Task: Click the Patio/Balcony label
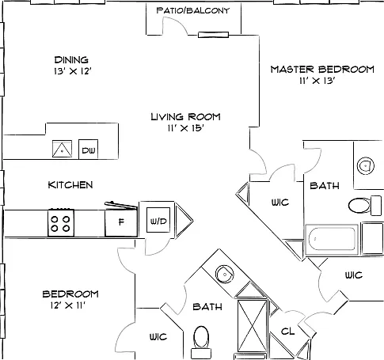coord(193,10)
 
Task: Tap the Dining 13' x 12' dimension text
coord(73,71)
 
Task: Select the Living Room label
coord(185,116)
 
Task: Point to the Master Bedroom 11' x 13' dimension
coord(317,81)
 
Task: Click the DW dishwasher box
coord(89,150)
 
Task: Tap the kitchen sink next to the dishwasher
coord(62,149)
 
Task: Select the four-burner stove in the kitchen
coord(61,222)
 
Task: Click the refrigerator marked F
coord(121,222)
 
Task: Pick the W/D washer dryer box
coord(158,220)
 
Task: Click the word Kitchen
coord(70,185)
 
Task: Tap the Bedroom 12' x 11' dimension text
coord(68,305)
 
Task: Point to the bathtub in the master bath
coord(332,239)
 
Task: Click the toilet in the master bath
coord(365,205)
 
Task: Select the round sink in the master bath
coord(366,166)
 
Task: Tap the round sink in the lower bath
coord(225,275)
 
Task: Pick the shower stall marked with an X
coord(253,326)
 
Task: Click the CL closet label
coord(287,332)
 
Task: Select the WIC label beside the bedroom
coord(158,337)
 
